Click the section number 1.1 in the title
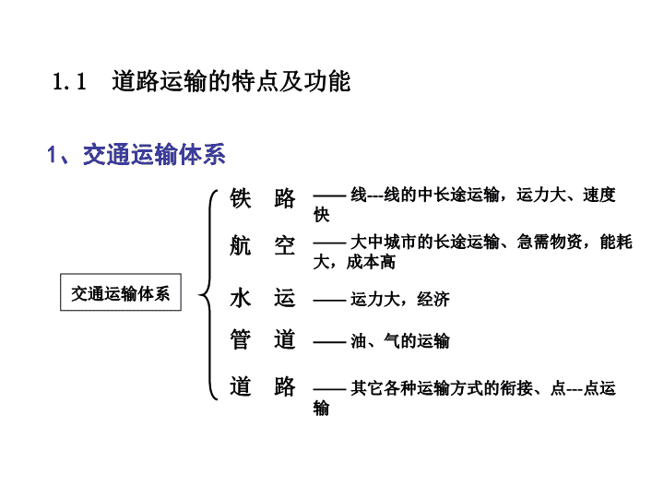coord(69,81)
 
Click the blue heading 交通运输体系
coord(154,154)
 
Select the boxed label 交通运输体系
coord(121,292)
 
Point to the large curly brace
coord(208,294)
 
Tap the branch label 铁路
coord(263,197)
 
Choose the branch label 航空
coord(263,245)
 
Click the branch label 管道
coord(263,339)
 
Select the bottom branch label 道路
coord(263,386)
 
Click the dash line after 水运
coord(329,301)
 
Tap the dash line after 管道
coord(329,342)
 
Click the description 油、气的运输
coord(399,341)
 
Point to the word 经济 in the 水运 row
coord(433,300)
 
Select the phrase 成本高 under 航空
coord(371,262)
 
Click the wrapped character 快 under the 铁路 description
coord(322,215)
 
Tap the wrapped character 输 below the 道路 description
coord(322,409)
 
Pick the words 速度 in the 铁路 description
coord(599,195)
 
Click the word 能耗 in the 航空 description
coord(616,242)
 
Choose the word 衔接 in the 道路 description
coord(516,388)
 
